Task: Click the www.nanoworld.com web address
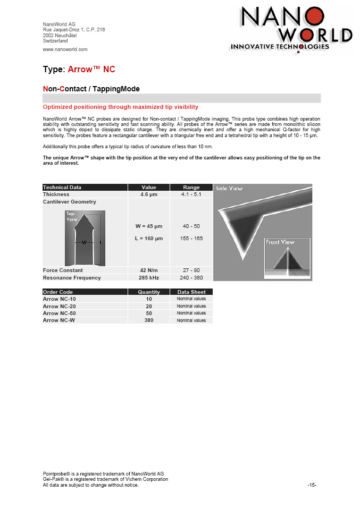point(65,49)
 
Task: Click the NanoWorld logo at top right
point(291,30)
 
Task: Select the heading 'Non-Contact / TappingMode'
point(91,88)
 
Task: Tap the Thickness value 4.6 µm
point(148,194)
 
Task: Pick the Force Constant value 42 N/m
point(148,270)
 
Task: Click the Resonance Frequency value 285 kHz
point(148,277)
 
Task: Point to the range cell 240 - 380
point(191,277)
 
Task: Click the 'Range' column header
point(191,188)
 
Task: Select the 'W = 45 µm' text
point(148,226)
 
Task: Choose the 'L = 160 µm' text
point(148,239)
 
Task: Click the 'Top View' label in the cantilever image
point(72,216)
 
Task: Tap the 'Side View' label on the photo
point(229,189)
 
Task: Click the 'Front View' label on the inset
point(280,242)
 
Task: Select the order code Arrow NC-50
point(58,313)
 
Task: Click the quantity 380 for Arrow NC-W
point(148,320)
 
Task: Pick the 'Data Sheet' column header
point(191,292)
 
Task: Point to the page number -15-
point(312,485)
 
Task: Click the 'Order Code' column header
point(58,292)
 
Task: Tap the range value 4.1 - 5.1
point(191,194)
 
